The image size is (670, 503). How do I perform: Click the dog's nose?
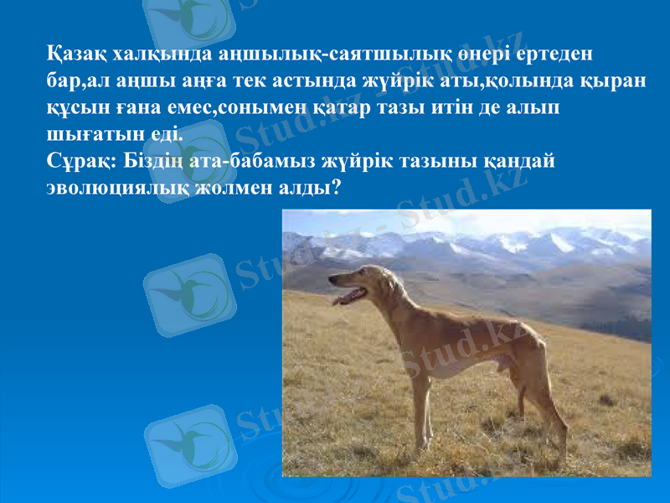coord(331,280)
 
